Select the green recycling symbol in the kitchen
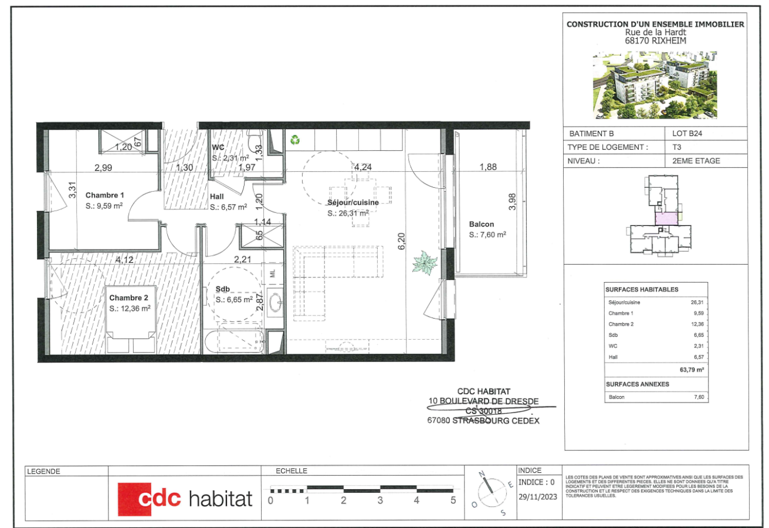[294, 140]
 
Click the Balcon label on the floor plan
[482, 224]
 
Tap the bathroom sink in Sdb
[274, 302]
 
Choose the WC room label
[218, 148]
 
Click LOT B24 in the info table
[685, 133]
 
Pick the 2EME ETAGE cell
[692, 161]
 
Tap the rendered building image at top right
[655, 84]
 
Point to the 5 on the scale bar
[453, 501]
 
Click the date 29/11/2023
[537, 496]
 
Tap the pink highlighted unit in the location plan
[667, 219]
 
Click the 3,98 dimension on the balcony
[512, 202]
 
